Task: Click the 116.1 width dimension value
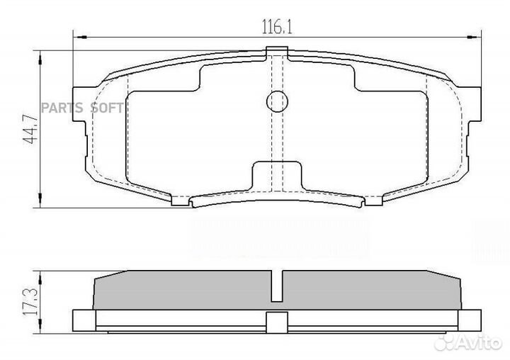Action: point(278,28)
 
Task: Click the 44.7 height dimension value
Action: point(29,129)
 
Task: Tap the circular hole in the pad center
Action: point(278,102)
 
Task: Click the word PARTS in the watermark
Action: point(61,108)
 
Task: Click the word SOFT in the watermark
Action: point(106,108)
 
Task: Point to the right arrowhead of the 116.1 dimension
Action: point(476,37)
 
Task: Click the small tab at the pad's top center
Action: point(278,50)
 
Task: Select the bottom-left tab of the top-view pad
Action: point(181,201)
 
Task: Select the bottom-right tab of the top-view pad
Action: point(373,201)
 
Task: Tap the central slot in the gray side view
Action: point(278,287)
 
